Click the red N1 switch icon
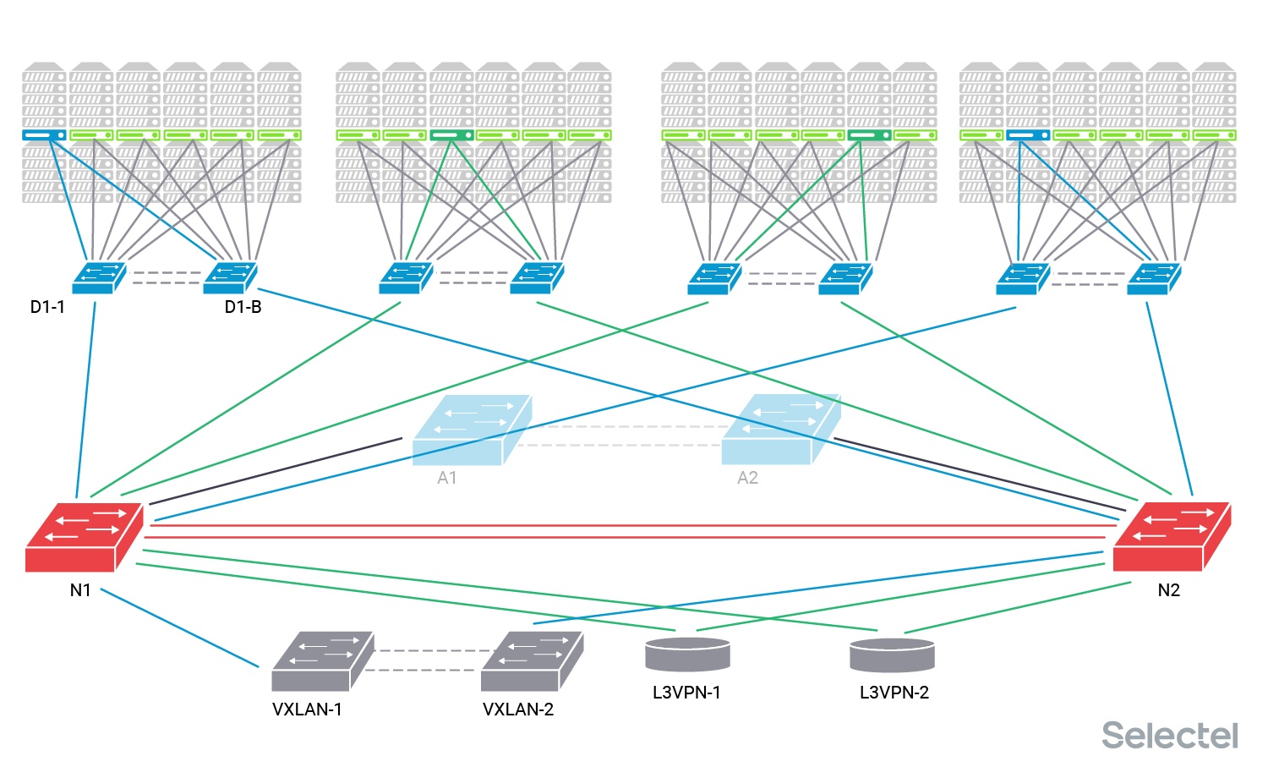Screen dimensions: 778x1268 click(84, 537)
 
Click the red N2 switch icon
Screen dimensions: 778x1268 click(1171, 537)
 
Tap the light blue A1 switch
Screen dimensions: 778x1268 click(471, 430)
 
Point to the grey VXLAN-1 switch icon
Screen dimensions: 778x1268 click(322, 661)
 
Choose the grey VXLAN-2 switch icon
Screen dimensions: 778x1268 click(532, 661)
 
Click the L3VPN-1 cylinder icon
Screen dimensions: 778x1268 click(687, 655)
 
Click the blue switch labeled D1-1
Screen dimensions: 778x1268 click(99, 278)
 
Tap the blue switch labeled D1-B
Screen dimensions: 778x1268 click(230, 278)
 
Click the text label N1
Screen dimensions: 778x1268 click(80, 590)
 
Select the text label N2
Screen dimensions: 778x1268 click(1168, 590)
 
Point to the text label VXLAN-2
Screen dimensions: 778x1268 click(518, 710)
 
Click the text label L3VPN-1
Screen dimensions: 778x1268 click(686, 693)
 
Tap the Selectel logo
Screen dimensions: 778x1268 click(1169, 735)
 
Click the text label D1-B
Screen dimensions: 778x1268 click(243, 307)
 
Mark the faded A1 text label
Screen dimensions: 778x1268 click(446, 478)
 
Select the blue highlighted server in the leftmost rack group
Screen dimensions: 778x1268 click(44, 135)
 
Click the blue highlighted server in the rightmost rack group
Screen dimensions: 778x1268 click(1028, 135)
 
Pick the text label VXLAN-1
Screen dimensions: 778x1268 click(307, 710)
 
